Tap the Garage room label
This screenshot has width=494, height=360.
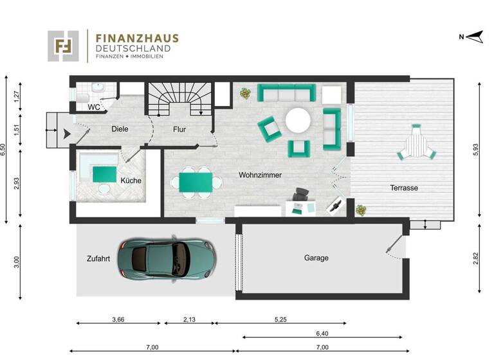pos(316,258)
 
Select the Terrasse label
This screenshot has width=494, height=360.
pos(404,188)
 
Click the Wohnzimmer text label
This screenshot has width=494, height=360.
pos(260,175)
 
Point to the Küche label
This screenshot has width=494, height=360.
pos(131,181)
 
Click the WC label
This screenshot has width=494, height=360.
pos(93,107)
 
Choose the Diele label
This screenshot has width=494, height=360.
pos(120,129)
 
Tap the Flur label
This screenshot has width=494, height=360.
pos(179,129)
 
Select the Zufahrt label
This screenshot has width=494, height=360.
pos(98,258)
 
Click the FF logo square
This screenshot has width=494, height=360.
pos(63,46)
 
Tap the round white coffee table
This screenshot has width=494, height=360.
pos(298,120)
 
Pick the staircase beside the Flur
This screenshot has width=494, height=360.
pos(179,100)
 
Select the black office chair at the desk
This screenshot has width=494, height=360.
pos(300,195)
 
